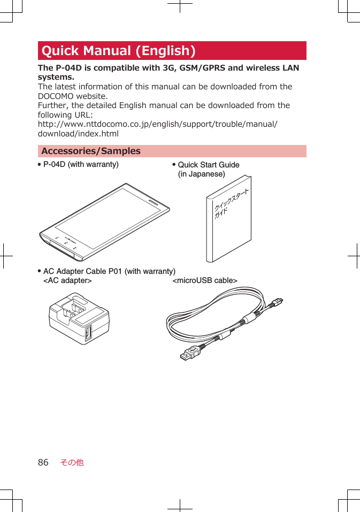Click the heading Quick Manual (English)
(x=118, y=51)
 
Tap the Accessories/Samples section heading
(x=91, y=151)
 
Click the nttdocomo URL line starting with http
(x=157, y=124)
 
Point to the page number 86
(x=43, y=462)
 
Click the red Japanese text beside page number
(x=72, y=462)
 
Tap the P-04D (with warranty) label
(x=81, y=164)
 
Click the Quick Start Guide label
(x=209, y=165)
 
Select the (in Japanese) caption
(x=201, y=174)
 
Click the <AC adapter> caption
(x=67, y=280)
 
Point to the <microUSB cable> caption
(x=205, y=280)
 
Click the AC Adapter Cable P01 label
(x=109, y=271)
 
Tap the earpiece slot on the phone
(x=152, y=203)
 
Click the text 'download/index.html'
(x=78, y=134)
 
